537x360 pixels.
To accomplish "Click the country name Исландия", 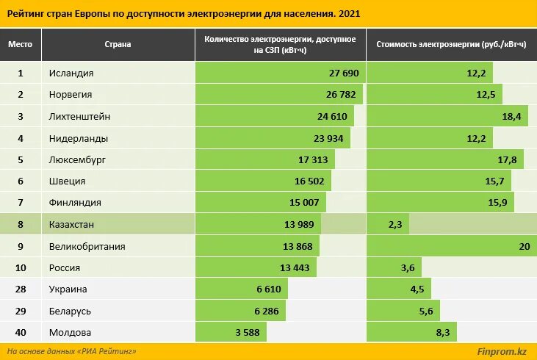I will (x=71, y=73).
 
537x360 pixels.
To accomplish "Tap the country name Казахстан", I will (x=71, y=225).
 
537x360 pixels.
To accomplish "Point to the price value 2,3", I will (x=394, y=225).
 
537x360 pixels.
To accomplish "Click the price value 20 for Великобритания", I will (x=523, y=247).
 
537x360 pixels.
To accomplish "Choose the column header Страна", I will (x=118, y=45).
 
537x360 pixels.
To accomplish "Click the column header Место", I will (x=20, y=45).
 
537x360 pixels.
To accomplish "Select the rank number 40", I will (x=20, y=333).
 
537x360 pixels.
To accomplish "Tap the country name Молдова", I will (x=70, y=333).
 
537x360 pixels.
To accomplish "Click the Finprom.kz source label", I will (x=502, y=352).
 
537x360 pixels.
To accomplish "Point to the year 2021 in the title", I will (x=350, y=14).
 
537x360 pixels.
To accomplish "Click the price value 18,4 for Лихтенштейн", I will (x=511, y=116).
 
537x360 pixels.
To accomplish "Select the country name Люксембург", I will (x=78, y=159).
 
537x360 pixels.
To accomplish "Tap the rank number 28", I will (x=20, y=289).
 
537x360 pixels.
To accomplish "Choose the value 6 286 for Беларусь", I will (x=267, y=312).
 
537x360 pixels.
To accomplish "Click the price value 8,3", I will (x=442, y=333).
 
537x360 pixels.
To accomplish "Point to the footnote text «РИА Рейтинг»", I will (x=107, y=352).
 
